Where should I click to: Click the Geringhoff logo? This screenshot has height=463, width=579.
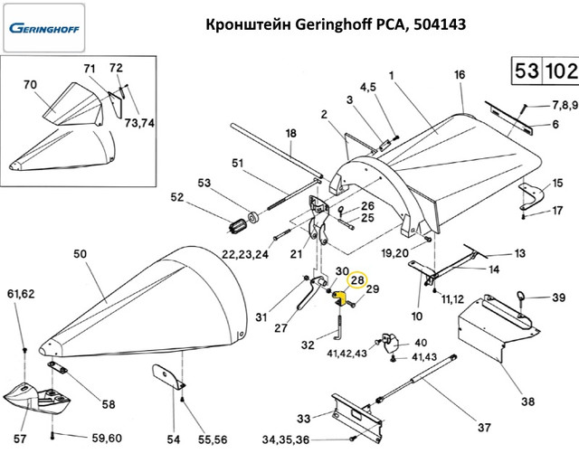44,27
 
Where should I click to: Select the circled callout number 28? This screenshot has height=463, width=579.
356,281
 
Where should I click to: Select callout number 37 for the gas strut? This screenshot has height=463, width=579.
483,428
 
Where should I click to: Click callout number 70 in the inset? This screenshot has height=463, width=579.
30,84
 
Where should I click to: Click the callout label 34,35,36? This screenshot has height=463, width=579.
287,440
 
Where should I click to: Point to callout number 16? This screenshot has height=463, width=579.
459,74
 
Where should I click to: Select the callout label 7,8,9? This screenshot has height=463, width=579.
559,105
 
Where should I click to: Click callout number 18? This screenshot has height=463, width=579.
290,134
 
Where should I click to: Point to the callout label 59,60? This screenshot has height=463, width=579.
106,439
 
